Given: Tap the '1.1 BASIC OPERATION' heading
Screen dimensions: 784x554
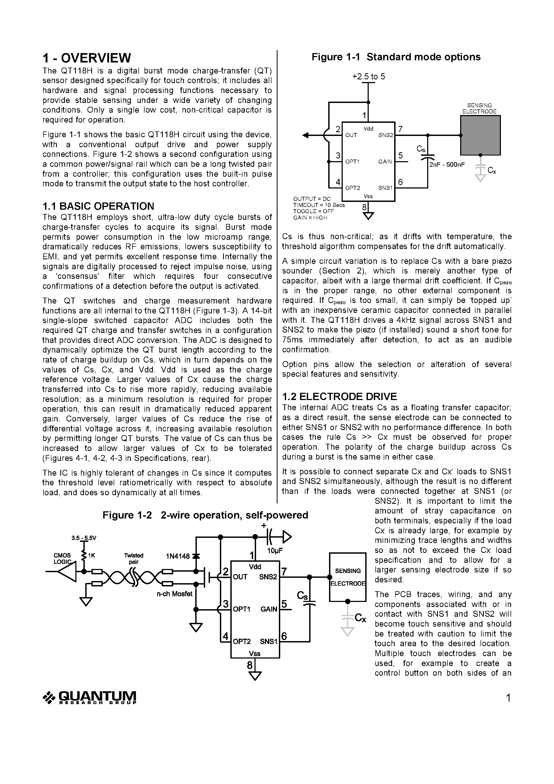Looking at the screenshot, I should coord(98,206).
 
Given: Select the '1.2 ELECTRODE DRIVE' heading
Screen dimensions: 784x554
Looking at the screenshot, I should coord(339,397).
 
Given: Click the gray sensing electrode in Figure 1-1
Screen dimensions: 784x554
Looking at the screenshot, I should coord(480,135).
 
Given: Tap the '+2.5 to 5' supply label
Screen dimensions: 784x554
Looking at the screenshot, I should coord(368,76).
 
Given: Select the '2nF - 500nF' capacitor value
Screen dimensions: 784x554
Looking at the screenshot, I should coord(447,165).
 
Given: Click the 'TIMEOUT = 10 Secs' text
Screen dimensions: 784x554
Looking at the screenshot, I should coord(319,205).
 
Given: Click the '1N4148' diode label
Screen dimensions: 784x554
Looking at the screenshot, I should coord(178,556).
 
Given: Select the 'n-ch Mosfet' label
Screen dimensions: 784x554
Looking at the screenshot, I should coord(175,594).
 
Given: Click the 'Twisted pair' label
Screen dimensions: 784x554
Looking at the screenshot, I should coord(134,559).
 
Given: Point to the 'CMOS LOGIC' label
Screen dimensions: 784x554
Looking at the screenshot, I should coord(62,559).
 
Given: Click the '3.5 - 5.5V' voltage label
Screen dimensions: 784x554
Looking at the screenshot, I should coord(84,538).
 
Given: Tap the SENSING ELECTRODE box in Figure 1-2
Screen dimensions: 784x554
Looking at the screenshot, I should coord(347,577).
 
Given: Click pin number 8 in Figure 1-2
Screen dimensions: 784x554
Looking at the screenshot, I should coord(250,665).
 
